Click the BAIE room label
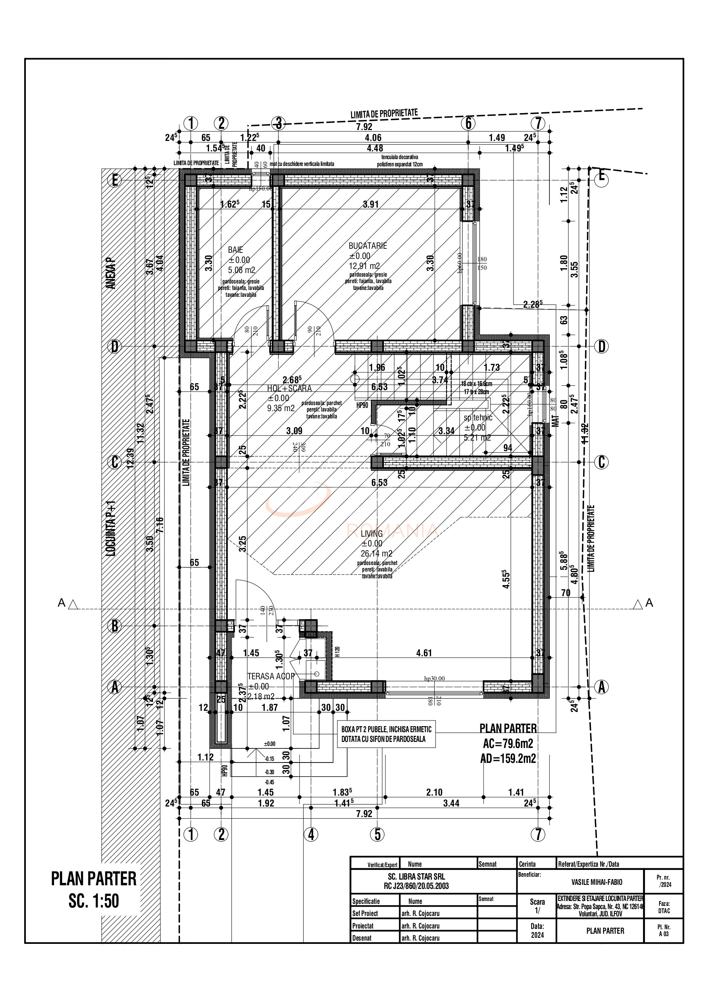(x=235, y=250)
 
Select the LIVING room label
(x=372, y=533)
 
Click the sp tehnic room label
(x=478, y=418)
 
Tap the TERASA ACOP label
(x=271, y=676)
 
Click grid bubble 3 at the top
(x=278, y=124)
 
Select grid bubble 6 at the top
(x=468, y=124)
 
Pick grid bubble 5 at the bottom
(x=377, y=834)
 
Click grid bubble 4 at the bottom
(x=310, y=834)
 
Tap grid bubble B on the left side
(x=114, y=626)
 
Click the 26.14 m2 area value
(x=376, y=554)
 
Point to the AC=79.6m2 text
(x=508, y=743)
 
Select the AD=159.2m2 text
(x=508, y=758)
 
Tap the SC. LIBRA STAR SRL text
(x=416, y=876)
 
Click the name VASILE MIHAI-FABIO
(x=597, y=882)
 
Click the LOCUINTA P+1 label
(x=112, y=528)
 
